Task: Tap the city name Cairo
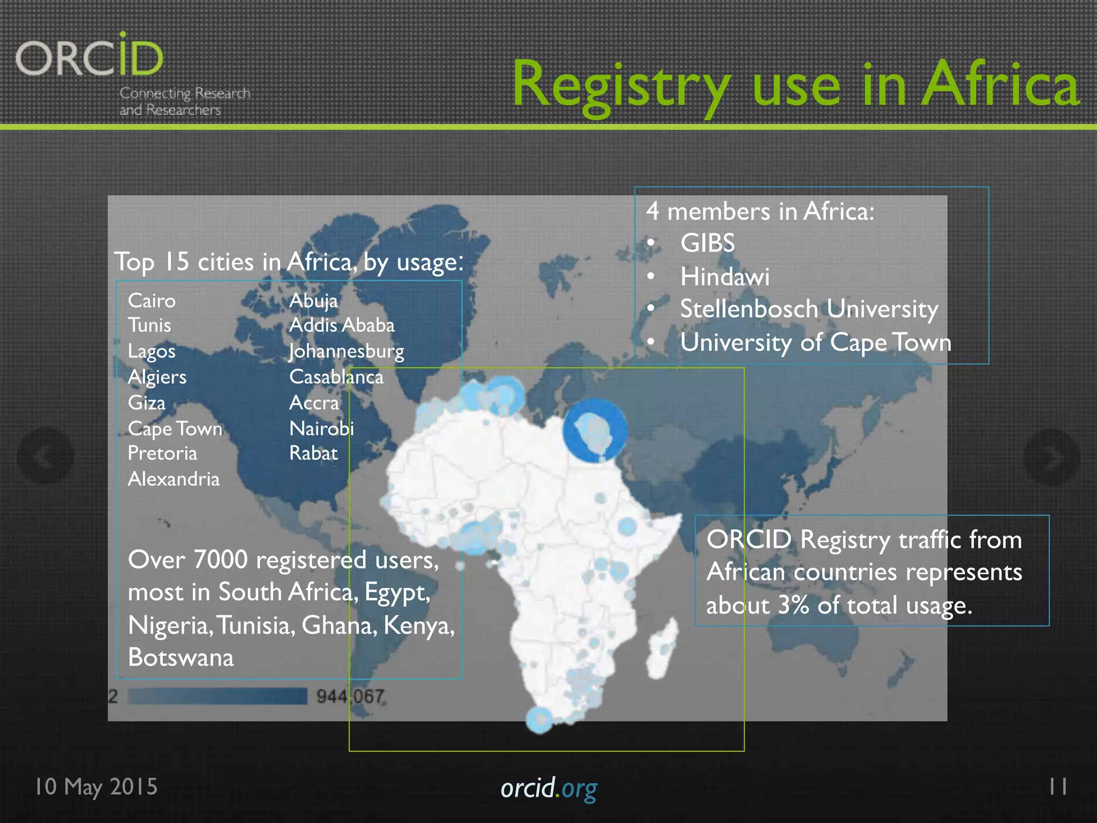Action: coord(152,301)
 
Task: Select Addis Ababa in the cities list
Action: coord(342,325)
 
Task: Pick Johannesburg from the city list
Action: coord(347,351)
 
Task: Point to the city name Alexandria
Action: coord(174,479)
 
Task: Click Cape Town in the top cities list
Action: coord(175,429)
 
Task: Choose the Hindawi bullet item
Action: coord(724,277)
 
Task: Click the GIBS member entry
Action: coord(707,243)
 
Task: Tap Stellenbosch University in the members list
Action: coord(809,309)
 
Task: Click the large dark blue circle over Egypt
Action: coord(595,430)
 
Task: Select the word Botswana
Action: coord(181,657)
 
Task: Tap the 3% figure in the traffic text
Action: coord(793,605)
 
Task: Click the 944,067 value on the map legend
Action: coord(350,697)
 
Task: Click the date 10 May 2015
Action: coord(96,787)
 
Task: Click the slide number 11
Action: coord(1058,787)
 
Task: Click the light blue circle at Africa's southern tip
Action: coord(539,720)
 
